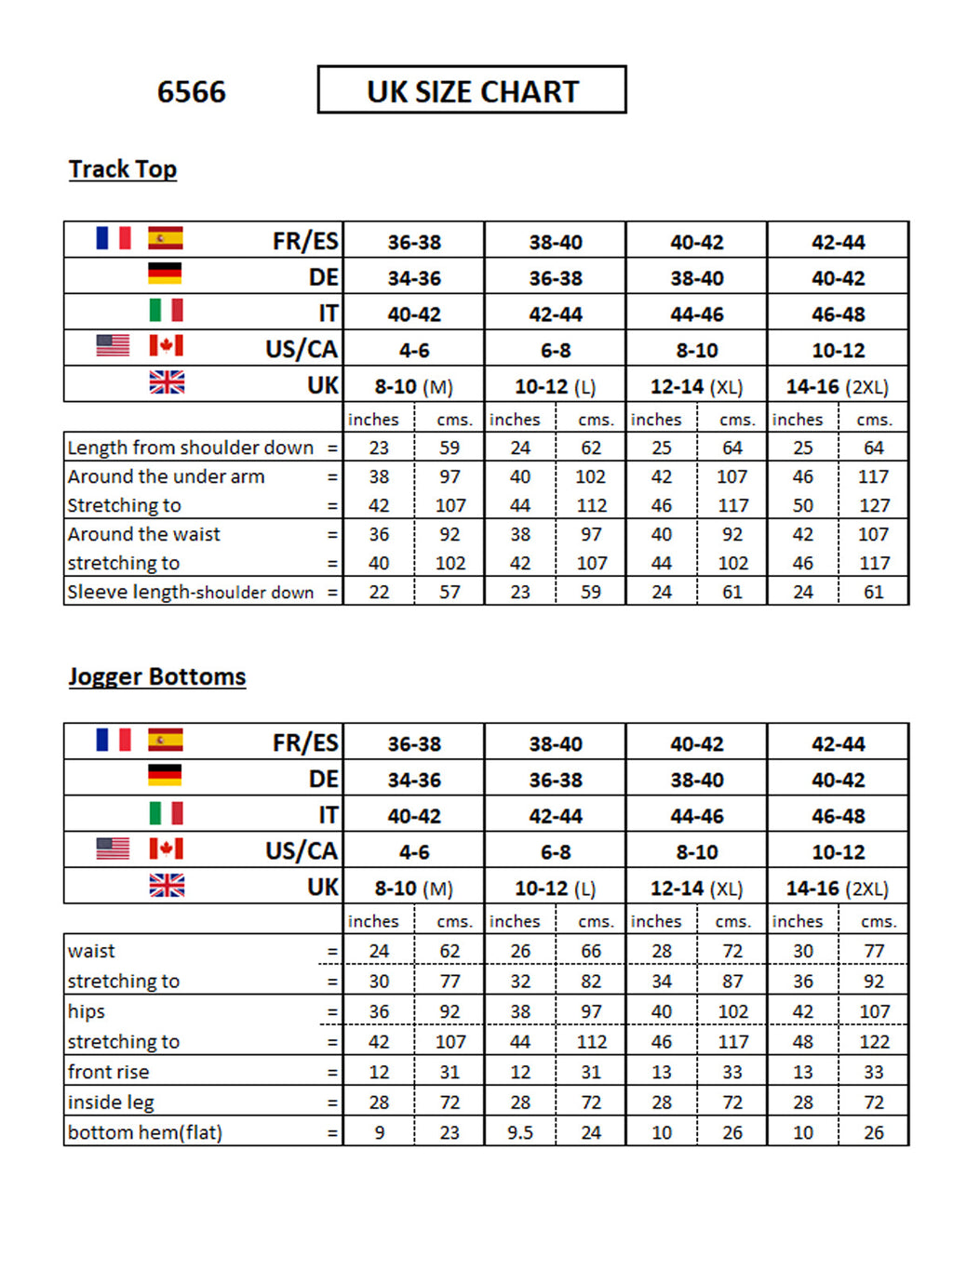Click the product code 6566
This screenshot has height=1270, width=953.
[191, 92]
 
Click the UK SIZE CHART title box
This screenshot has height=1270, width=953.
[472, 90]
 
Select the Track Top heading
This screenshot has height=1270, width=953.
[122, 169]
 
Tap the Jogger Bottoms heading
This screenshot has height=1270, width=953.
[156, 676]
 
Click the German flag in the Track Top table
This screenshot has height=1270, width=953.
[165, 274]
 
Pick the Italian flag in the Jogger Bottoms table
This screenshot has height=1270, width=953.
[166, 813]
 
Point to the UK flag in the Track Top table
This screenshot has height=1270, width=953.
[167, 382]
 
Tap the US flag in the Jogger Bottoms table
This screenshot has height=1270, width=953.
[113, 849]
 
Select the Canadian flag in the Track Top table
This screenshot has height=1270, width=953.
[166, 346]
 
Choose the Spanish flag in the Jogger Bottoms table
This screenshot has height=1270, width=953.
[165, 740]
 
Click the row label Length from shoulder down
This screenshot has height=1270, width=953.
[190, 448]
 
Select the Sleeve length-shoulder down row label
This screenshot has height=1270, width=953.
[190, 592]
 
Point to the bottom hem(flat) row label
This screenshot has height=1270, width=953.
[144, 1132]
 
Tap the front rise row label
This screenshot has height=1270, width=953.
[108, 1072]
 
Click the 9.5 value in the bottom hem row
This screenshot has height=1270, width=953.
[519, 1132]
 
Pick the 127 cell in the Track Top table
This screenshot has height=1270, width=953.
[874, 505]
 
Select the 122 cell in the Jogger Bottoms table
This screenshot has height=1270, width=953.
[874, 1042]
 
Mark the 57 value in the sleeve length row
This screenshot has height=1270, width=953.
[450, 592]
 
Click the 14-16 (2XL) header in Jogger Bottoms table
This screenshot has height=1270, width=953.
[837, 889]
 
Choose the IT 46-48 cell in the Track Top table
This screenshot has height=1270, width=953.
[838, 314]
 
